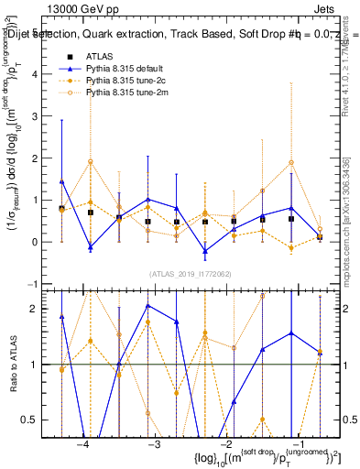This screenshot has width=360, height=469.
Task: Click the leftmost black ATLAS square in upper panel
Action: [61, 209]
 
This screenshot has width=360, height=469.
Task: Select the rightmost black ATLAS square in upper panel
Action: [320, 236]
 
